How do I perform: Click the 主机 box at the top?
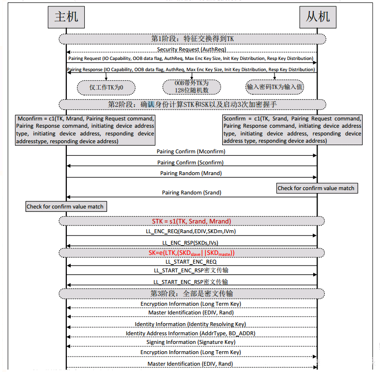pyautogui.click(x=66, y=17)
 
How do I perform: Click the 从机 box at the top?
pyautogui.click(x=318, y=17)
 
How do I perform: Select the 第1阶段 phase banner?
pyautogui.click(x=192, y=38)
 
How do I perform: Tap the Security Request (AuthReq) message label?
pyautogui.click(x=191, y=49)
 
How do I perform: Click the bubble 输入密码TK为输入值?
pyautogui.click(x=274, y=87)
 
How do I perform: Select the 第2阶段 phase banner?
pyautogui.click(x=192, y=104)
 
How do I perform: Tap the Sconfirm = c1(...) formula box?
pyautogui.click(x=292, y=130)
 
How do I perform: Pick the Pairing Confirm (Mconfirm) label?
pyautogui.click(x=191, y=151)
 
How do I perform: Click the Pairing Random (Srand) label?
pyautogui.click(x=191, y=193)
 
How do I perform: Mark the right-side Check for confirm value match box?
pyautogui.click(x=317, y=188)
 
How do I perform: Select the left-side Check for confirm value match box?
pyautogui.click(x=65, y=207)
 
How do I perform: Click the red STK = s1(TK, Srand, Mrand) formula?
pyautogui.click(x=192, y=221)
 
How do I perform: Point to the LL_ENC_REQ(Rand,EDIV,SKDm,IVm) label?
pyautogui.click(x=191, y=232)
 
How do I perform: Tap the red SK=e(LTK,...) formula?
pyautogui.click(x=192, y=253)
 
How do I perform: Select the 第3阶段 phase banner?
pyautogui.click(x=192, y=293)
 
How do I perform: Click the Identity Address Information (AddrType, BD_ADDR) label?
pyautogui.click(x=190, y=333)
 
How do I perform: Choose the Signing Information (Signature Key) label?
pyautogui.click(x=191, y=342)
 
